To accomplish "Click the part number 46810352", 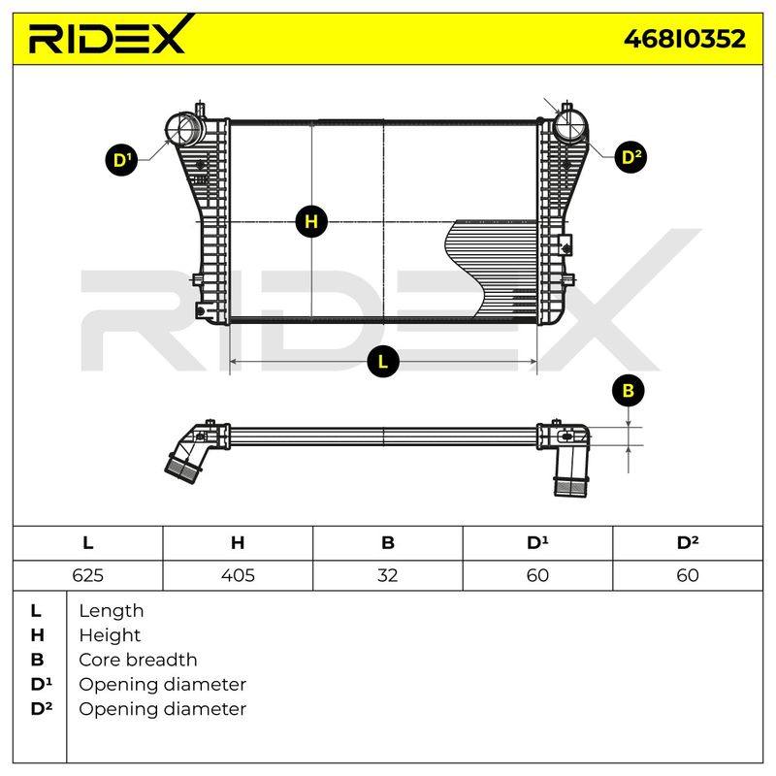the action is click(685, 39).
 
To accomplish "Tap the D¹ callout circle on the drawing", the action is click(122, 160).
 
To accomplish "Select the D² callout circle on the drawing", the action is click(630, 157).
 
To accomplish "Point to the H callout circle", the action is click(311, 221).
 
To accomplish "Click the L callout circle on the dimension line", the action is click(382, 361).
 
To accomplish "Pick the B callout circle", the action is click(628, 391).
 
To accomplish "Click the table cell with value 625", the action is click(87, 575).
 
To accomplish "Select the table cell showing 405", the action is click(238, 575).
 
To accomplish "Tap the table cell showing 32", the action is click(387, 575).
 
